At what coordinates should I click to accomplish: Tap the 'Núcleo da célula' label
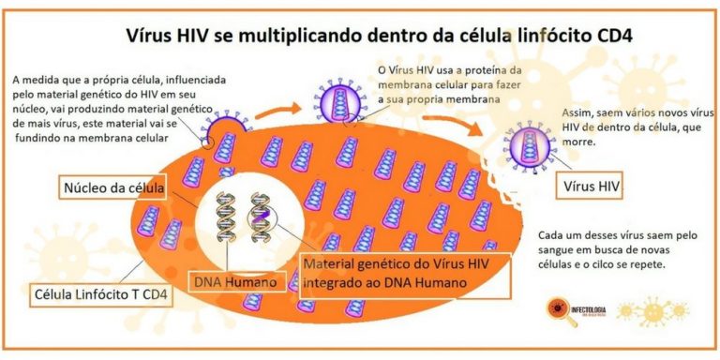click(x=112, y=187)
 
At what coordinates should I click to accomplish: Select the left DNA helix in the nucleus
click(x=226, y=221)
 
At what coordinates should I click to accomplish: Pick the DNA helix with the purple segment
click(x=260, y=221)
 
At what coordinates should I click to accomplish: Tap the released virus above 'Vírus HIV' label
click(x=526, y=142)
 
